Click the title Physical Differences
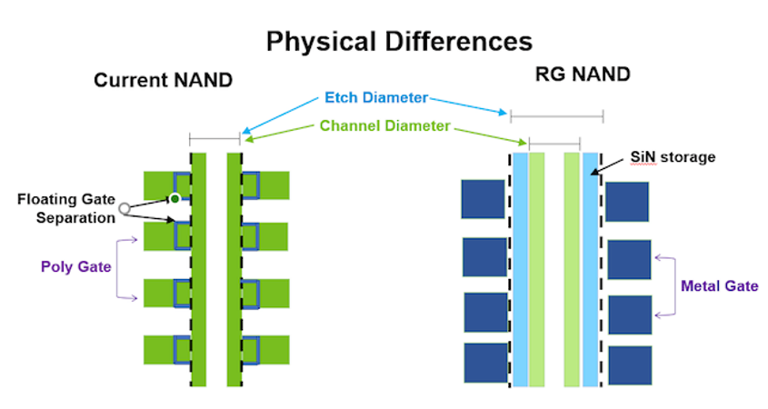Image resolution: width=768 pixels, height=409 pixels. (399, 42)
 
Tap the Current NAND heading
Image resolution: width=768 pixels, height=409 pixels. (163, 80)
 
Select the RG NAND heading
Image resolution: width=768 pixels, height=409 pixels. (583, 74)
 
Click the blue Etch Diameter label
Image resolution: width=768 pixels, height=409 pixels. (376, 97)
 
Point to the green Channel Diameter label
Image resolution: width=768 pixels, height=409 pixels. (384, 126)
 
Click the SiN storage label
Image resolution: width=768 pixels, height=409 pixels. (673, 156)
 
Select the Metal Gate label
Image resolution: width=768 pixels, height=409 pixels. (720, 285)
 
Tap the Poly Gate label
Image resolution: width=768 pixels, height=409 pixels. (76, 266)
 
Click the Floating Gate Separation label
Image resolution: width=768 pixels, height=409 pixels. (66, 208)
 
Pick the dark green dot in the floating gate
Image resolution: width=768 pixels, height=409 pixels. (175, 199)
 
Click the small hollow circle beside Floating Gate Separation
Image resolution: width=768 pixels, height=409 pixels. (125, 209)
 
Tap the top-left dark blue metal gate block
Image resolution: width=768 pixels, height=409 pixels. (483, 199)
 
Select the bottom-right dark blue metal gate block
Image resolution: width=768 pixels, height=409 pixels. (631, 365)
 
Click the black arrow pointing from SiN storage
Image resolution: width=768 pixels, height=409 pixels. (607, 166)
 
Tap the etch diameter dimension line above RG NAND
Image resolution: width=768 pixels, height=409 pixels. (557, 116)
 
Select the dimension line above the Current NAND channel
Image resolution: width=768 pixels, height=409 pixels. (214, 139)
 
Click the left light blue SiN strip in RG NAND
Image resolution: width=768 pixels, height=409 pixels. (520, 269)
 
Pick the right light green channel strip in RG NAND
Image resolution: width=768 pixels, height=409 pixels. (572, 269)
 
